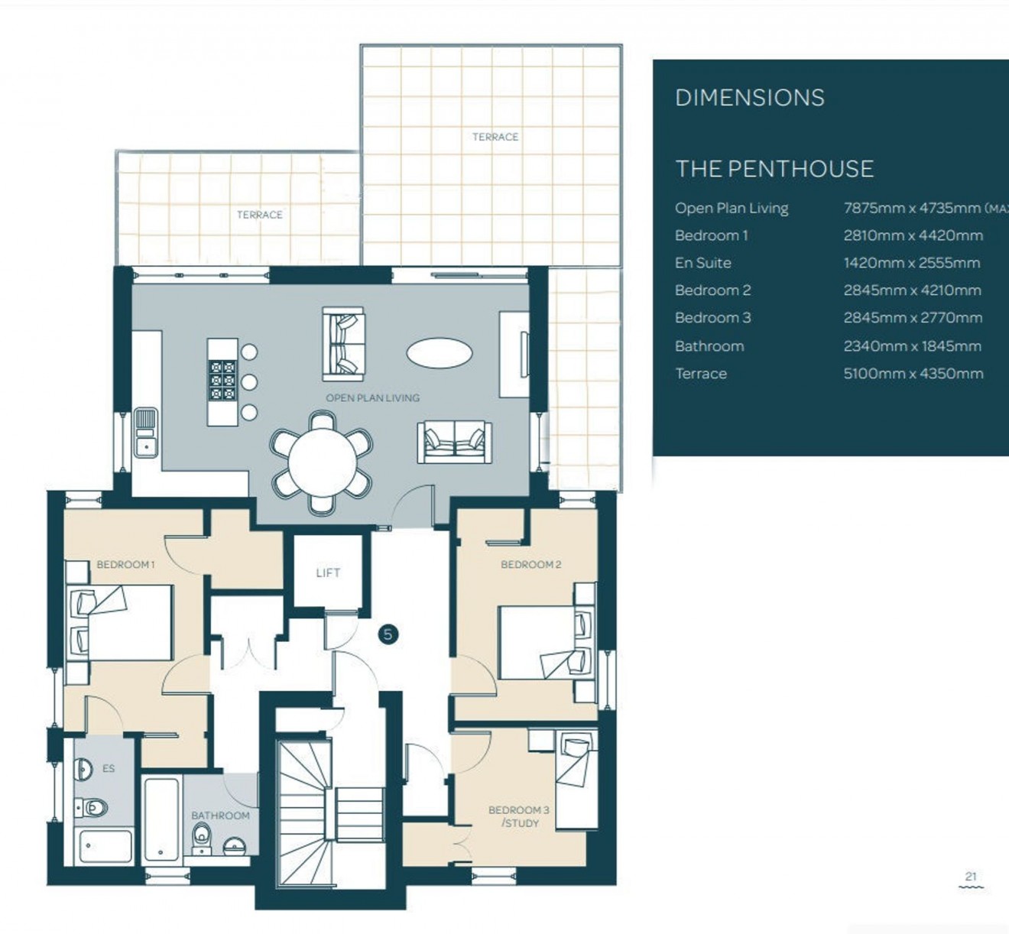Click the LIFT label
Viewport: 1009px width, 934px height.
(328, 572)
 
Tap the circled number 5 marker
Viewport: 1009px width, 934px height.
(388, 634)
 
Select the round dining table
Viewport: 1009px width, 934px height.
(323, 463)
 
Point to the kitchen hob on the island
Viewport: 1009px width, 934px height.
(222, 381)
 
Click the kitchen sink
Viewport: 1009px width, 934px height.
(145, 433)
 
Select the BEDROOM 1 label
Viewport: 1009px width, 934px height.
(125, 565)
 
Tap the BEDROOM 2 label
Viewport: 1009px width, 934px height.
(530, 565)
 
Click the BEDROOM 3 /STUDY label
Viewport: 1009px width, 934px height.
(519, 816)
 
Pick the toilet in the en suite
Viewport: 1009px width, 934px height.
(92, 806)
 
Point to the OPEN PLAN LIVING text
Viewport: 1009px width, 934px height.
(372, 397)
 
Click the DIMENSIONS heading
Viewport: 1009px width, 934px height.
(750, 98)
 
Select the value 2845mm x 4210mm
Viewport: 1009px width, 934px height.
(912, 290)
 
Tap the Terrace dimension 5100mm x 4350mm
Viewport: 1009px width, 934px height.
(913, 374)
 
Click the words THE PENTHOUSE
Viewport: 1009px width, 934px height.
(774, 169)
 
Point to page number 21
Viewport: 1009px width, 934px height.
(971, 877)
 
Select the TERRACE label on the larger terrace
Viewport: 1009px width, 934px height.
(495, 137)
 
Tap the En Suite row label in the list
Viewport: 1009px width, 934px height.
(702, 263)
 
